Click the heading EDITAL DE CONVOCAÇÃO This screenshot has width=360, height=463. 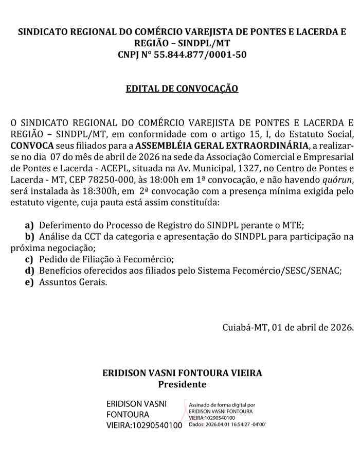182,88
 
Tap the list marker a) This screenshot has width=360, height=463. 29,225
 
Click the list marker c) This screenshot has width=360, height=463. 29,259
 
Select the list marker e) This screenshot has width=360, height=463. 29,282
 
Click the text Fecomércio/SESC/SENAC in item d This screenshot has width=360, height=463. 279,271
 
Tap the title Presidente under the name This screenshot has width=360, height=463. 182,384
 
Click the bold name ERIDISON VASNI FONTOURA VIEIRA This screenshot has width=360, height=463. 182,372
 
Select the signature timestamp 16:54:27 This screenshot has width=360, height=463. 238,425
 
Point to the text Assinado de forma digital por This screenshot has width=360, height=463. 222,405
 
